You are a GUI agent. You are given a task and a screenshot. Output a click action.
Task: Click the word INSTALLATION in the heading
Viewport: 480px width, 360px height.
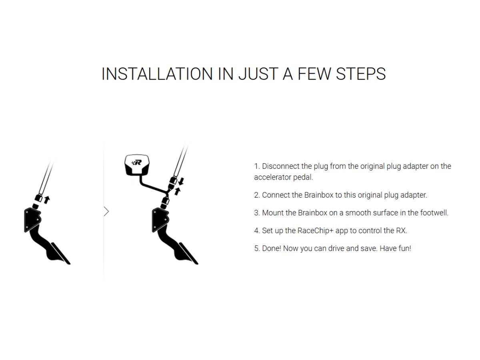pos(157,74)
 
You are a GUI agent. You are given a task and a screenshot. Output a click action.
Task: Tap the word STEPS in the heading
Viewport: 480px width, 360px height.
pos(361,74)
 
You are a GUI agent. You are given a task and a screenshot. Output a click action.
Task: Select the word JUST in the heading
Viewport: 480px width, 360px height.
pos(258,74)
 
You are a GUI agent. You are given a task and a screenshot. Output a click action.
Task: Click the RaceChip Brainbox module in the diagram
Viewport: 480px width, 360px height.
pos(137,165)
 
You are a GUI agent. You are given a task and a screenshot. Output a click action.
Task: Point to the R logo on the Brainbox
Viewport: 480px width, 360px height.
pos(137,162)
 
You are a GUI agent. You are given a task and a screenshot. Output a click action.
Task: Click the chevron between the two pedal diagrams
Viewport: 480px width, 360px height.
pos(106,211)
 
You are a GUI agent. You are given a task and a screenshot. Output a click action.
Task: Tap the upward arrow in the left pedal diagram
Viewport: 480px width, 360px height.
pos(47,200)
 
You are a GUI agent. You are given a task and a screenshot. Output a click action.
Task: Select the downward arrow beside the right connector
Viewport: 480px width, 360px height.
pos(181,181)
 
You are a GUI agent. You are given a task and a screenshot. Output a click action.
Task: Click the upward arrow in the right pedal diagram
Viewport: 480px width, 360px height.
pos(177,191)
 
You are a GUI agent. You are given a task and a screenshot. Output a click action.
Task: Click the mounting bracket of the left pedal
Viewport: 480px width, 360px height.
pos(32,220)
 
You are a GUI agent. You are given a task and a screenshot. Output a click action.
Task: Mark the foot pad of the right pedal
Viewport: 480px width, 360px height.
pos(188,254)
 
